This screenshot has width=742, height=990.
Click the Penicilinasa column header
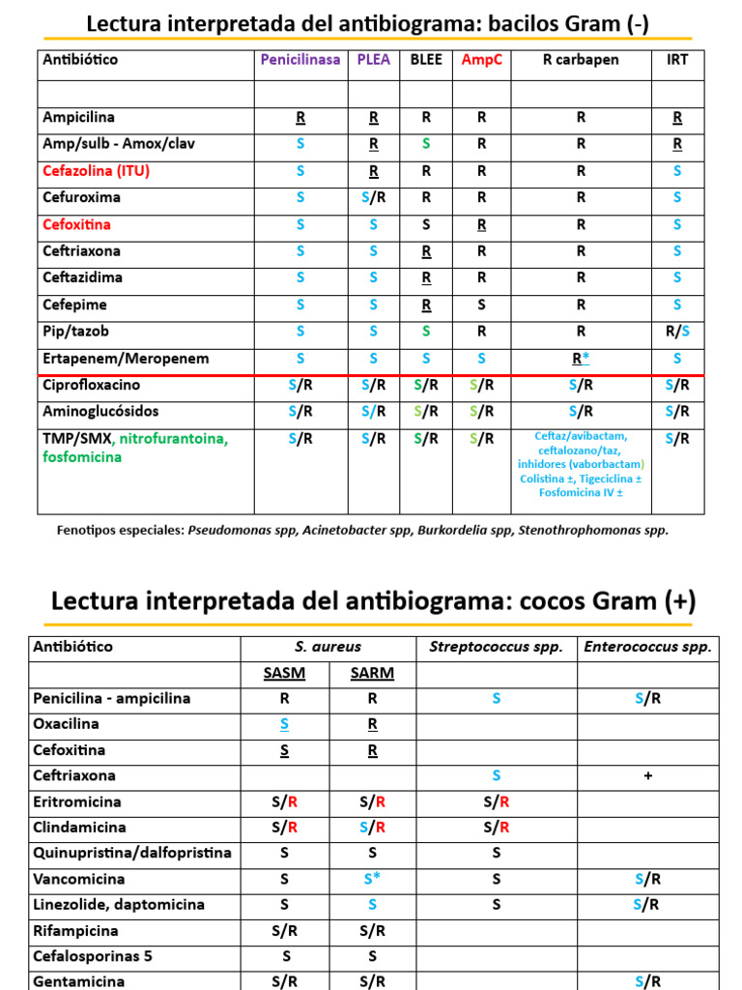coord(300,60)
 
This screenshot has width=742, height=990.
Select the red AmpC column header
coord(481,60)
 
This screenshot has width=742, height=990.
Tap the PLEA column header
coord(373,60)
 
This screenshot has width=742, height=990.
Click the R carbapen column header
coord(581,60)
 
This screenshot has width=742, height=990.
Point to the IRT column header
coord(677,60)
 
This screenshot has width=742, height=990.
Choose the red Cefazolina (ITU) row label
coord(96,171)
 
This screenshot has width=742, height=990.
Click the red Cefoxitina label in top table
coord(76,224)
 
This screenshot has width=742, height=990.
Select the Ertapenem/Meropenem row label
coord(126,359)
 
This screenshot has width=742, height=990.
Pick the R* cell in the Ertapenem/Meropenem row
coord(581,359)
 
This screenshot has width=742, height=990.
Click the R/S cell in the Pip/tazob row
coord(677,332)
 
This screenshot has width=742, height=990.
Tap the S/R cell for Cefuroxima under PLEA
coord(373,197)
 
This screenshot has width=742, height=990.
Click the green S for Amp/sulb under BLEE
coord(426,143)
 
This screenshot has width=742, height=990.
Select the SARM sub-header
coord(372,673)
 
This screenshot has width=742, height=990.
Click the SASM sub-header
coord(284,673)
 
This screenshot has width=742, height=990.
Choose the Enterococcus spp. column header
coord(647,647)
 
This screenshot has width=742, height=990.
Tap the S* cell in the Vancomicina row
coord(372,879)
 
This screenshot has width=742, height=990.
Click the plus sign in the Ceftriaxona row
coord(647,775)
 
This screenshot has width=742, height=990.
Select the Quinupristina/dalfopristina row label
coord(132,853)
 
